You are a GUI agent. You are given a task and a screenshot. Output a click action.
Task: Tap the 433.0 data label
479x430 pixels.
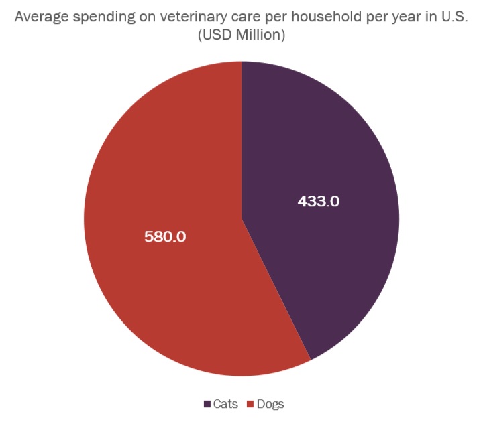click(319, 201)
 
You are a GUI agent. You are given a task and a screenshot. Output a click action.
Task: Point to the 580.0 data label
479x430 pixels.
click(165, 236)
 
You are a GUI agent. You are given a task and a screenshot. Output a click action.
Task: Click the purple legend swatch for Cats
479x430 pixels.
click(207, 404)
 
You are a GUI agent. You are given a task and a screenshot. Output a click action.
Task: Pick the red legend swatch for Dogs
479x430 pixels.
click(250, 404)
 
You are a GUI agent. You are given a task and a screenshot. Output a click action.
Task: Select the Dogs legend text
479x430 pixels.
click(270, 404)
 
